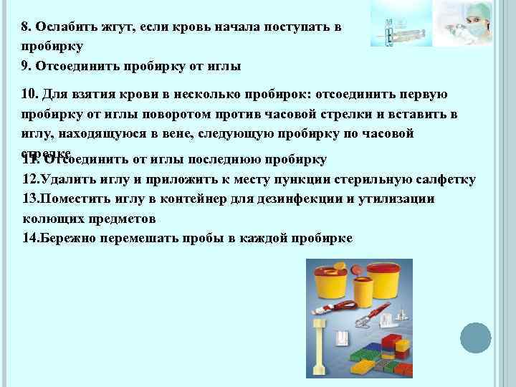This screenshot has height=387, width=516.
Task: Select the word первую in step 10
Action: pyautogui.click(x=424, y=95)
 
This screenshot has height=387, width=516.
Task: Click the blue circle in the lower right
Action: pyautogui.click(x=475, y=337)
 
